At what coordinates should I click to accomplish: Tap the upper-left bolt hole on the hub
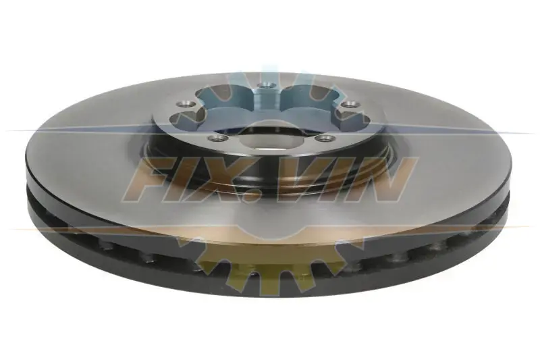point(183,103)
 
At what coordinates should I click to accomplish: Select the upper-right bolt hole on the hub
point(349,104)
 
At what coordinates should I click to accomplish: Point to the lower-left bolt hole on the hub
point(217,138)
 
